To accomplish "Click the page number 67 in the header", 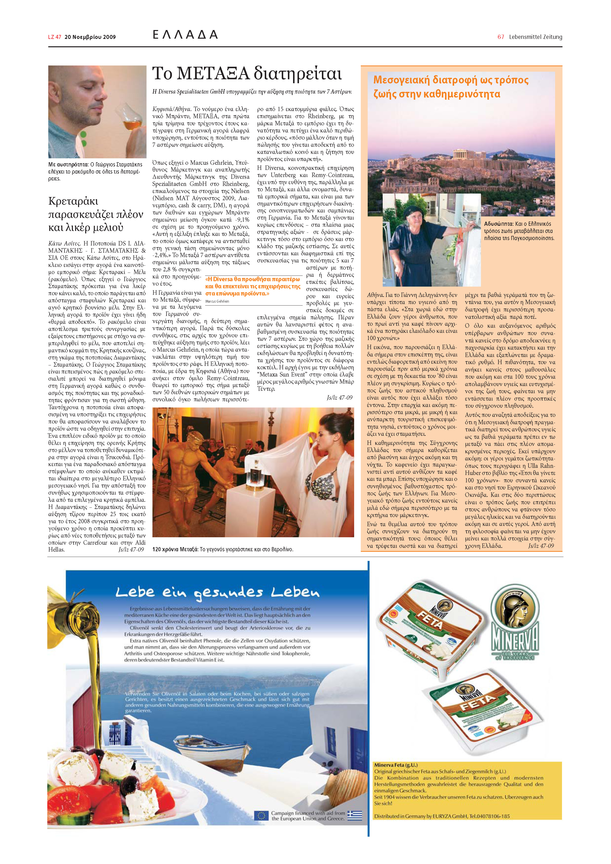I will pos(500,37).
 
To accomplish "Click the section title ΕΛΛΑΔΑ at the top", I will pos(185,35).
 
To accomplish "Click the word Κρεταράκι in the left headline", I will pos(73,201).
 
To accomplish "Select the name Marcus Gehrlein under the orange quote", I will pos(217,301).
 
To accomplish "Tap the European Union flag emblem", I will pos(261,815).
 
